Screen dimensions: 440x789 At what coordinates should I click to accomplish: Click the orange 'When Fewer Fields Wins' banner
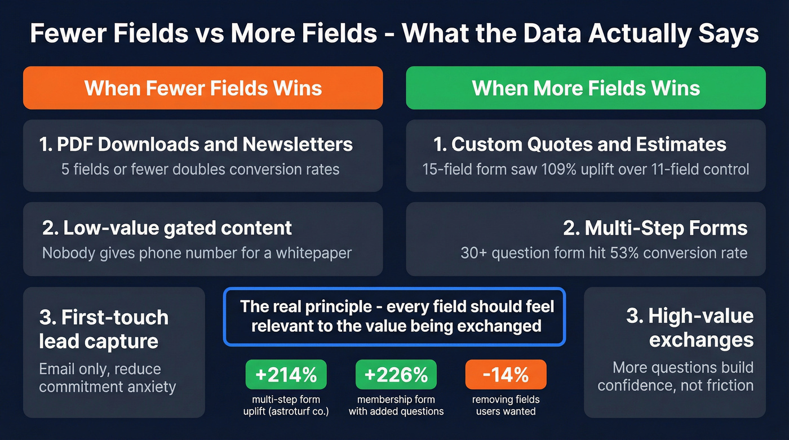[203, 88]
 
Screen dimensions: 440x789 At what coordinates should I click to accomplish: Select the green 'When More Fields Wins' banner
[586, 88]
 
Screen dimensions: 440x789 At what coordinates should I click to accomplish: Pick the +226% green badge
[396, 375]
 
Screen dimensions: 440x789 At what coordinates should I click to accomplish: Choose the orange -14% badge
[506, 375]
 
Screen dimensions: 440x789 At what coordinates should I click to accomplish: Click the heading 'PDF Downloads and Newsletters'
[196, 144]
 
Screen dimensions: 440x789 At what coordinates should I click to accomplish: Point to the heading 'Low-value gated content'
[167, 228]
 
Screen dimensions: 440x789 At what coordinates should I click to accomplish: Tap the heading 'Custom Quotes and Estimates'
[580, 144]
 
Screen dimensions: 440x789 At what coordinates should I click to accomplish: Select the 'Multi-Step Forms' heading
[655, 228]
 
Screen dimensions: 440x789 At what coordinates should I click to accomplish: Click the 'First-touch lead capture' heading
[104, 329]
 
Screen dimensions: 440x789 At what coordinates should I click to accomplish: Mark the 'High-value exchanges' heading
[690, 327]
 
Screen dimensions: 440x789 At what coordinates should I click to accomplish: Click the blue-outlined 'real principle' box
[394, 316]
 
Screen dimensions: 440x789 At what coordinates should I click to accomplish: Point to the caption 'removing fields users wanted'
[506, 405]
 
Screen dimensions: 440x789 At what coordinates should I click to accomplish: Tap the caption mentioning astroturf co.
[286, 405]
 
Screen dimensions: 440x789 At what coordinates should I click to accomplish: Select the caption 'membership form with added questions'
[396, 405]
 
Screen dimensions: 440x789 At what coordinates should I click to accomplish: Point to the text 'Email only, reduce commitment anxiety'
[107, 378]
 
